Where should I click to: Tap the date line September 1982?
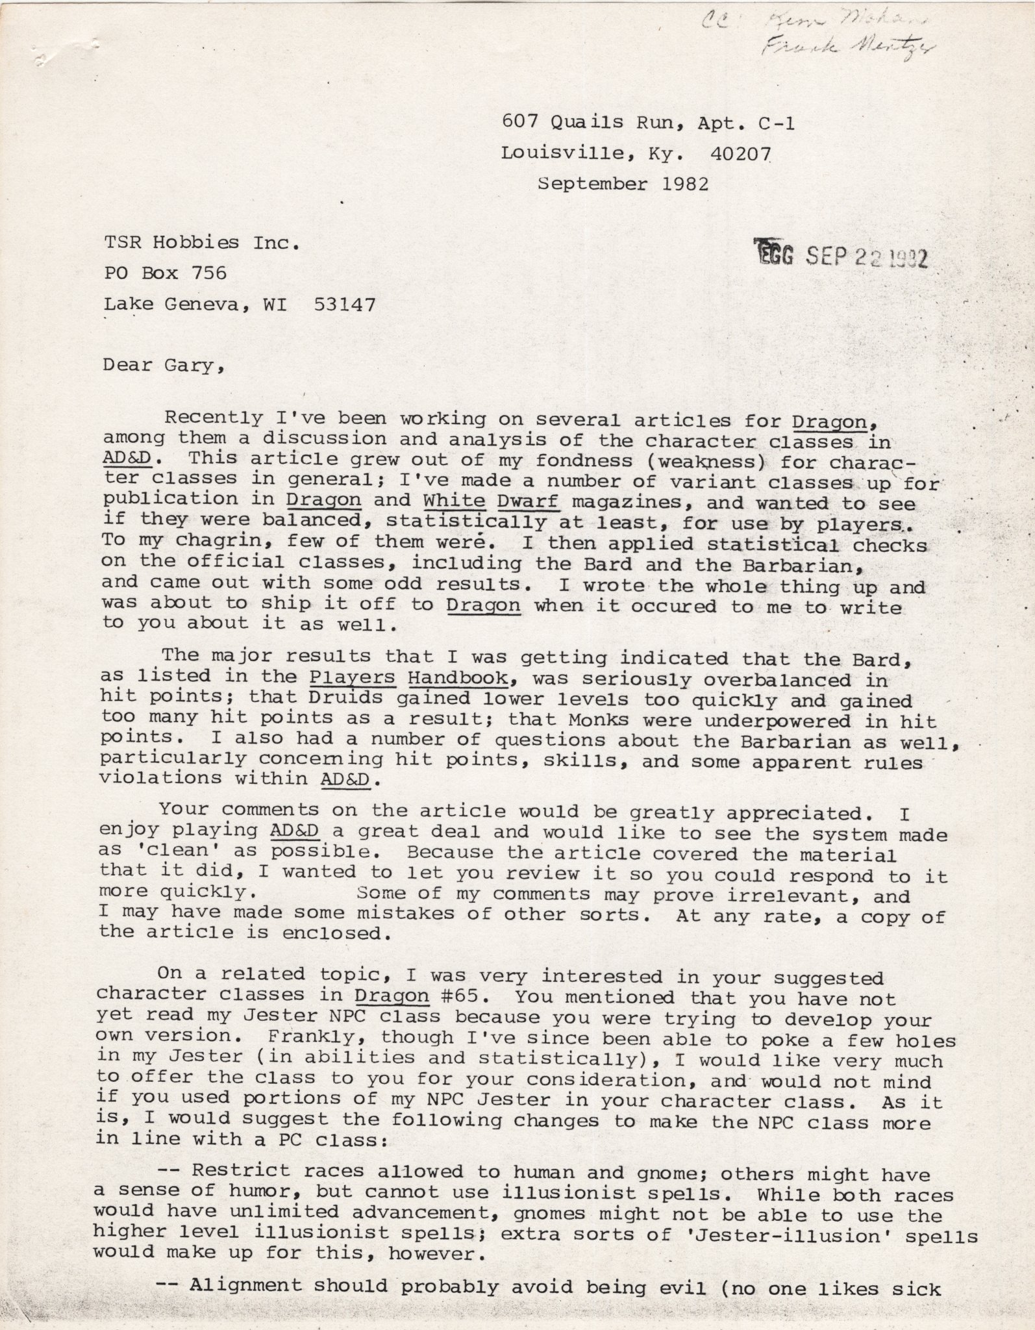pyautogui.click(x=623, y=184)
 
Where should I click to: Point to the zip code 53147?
pyautogui.click(x=344, y=304)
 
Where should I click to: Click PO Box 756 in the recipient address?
pyautogui.click(x=166, y=273)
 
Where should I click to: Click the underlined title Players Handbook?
pyautogui.click(x=407, y=678)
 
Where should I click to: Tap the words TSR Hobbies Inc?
pyautogui.click(x=202, y=242)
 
